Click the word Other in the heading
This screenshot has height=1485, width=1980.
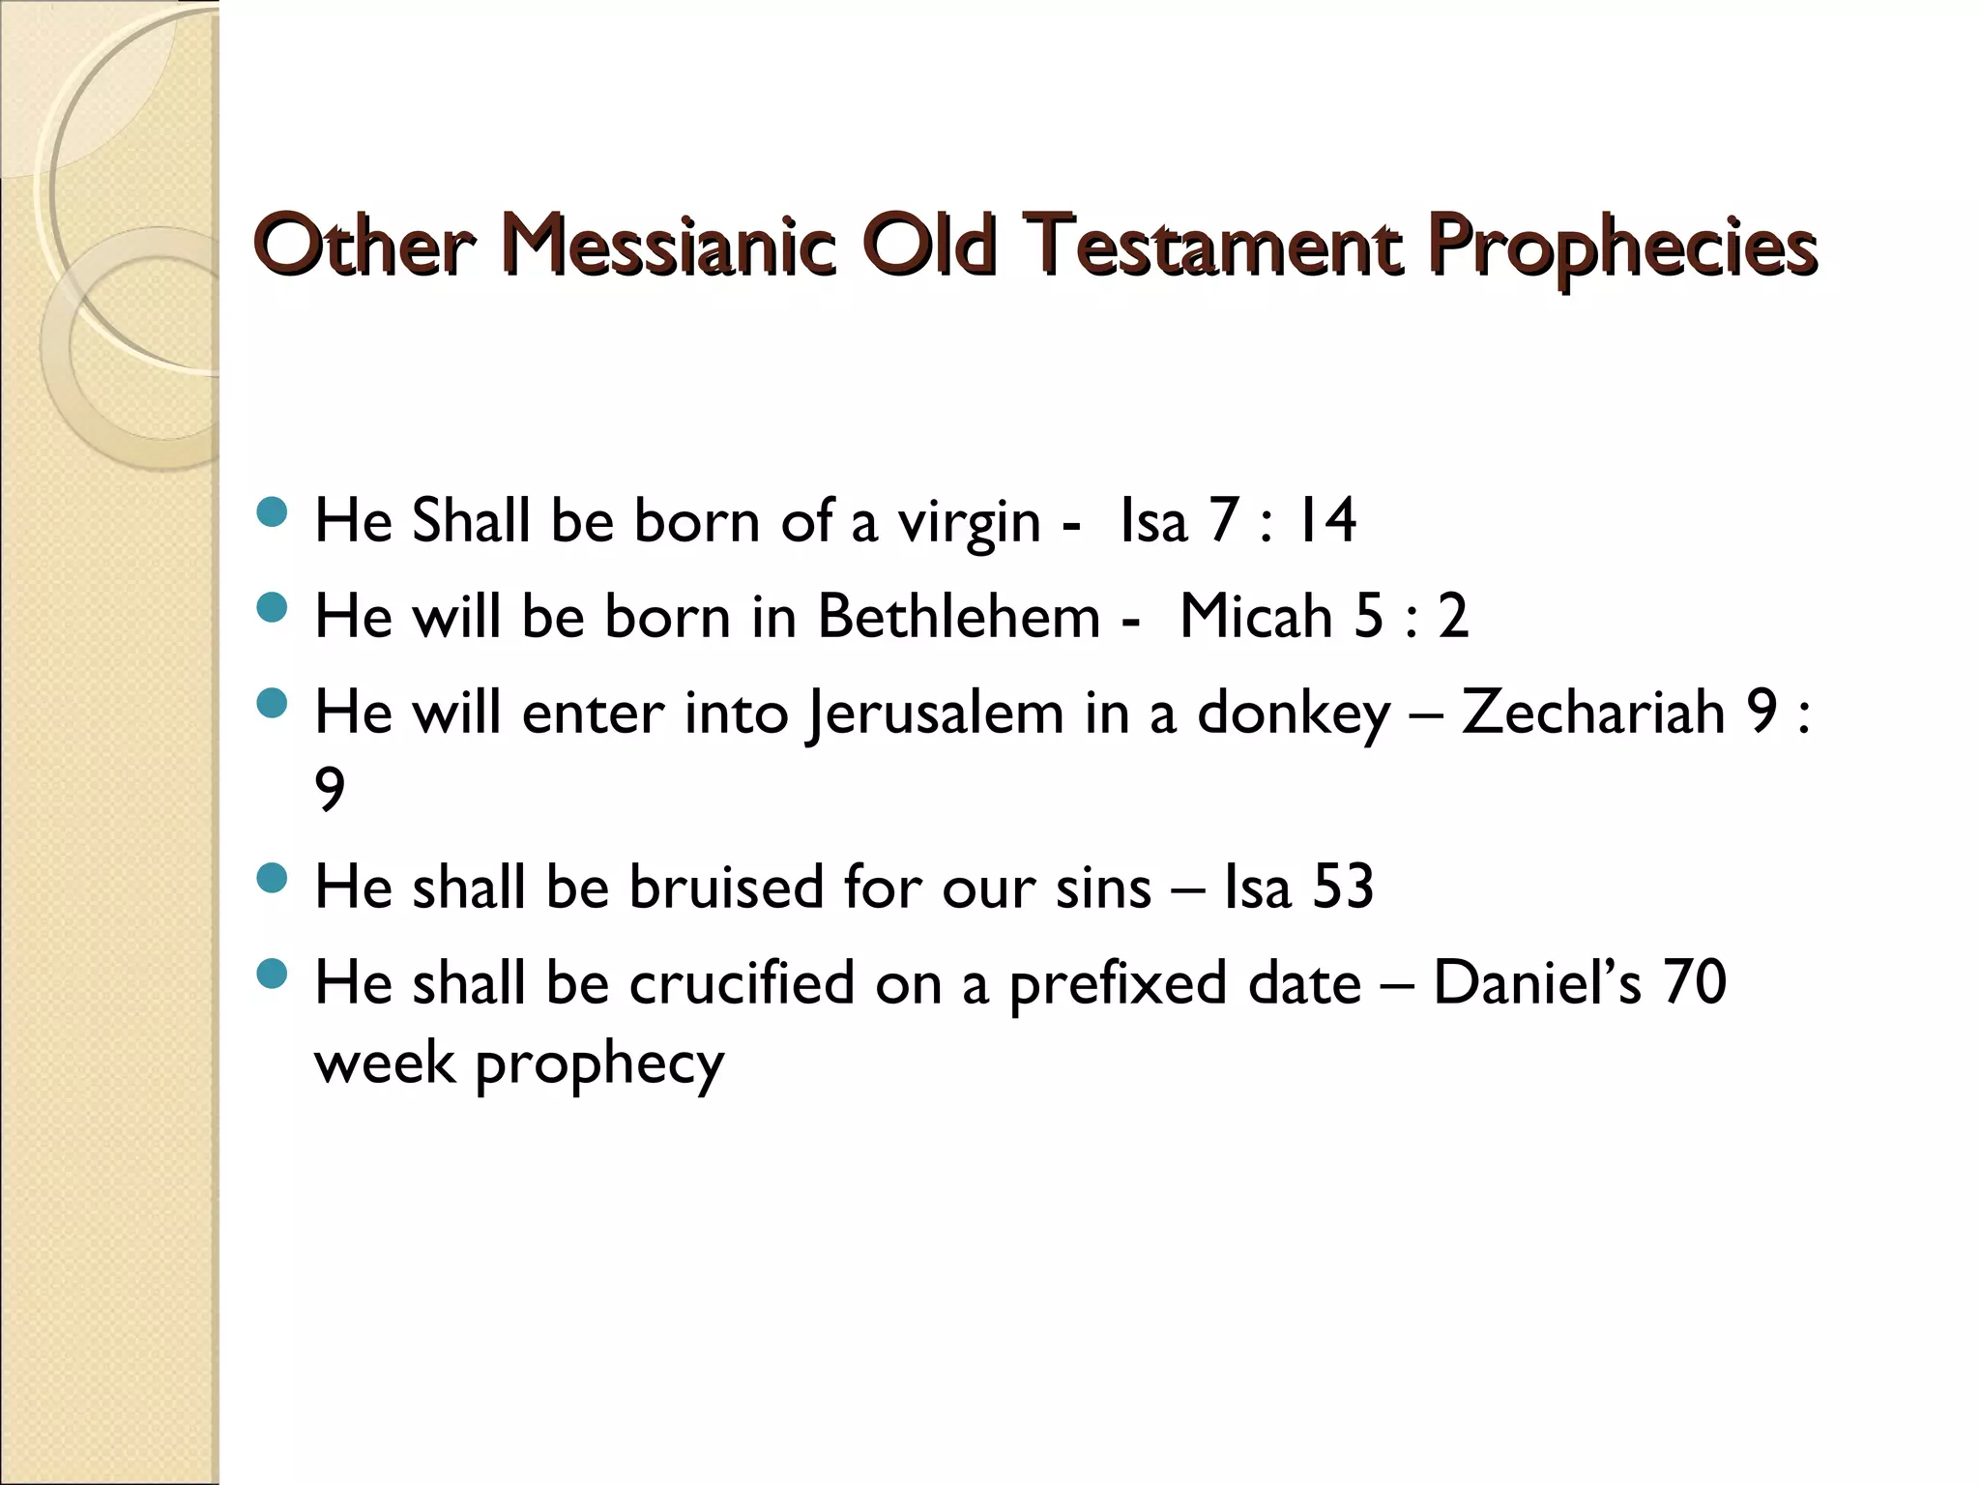[x=364, y=246]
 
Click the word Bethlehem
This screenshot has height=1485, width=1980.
[x=958, y=616]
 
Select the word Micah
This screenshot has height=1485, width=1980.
[x=1255, y=616]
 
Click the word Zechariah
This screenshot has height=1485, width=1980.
[x=1592, y=713]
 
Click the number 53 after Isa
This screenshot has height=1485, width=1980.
[x=1343, y=887]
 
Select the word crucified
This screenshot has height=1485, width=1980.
[x=742, y=983]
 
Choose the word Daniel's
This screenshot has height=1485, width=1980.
[x=1537, y=983]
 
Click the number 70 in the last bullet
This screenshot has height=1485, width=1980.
[x=1695, y=983]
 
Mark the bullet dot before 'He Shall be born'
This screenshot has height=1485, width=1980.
[x=274, y=512]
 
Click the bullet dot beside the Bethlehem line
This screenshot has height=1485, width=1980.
[x=274, y=608]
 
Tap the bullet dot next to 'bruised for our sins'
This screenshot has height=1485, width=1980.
[x=274, y=878]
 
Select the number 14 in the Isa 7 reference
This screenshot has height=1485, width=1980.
[x=1325, y=521]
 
